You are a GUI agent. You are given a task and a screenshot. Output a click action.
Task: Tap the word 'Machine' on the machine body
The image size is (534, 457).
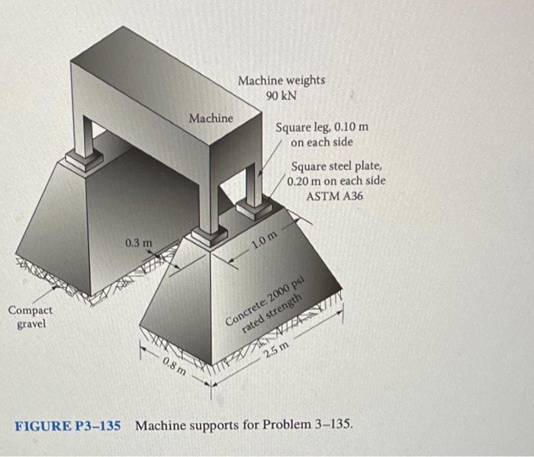211,118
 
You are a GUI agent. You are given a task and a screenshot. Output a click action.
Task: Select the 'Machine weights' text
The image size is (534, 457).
281,80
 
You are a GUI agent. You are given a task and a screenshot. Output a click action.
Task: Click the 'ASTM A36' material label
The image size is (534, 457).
335,196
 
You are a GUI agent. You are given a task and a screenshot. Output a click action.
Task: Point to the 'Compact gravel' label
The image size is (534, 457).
31,317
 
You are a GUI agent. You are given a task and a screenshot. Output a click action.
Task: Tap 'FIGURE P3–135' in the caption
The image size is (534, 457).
68,424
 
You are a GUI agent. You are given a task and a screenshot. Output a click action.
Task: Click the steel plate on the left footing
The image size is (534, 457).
83,159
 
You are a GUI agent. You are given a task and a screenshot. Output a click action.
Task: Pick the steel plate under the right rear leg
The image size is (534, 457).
253,207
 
